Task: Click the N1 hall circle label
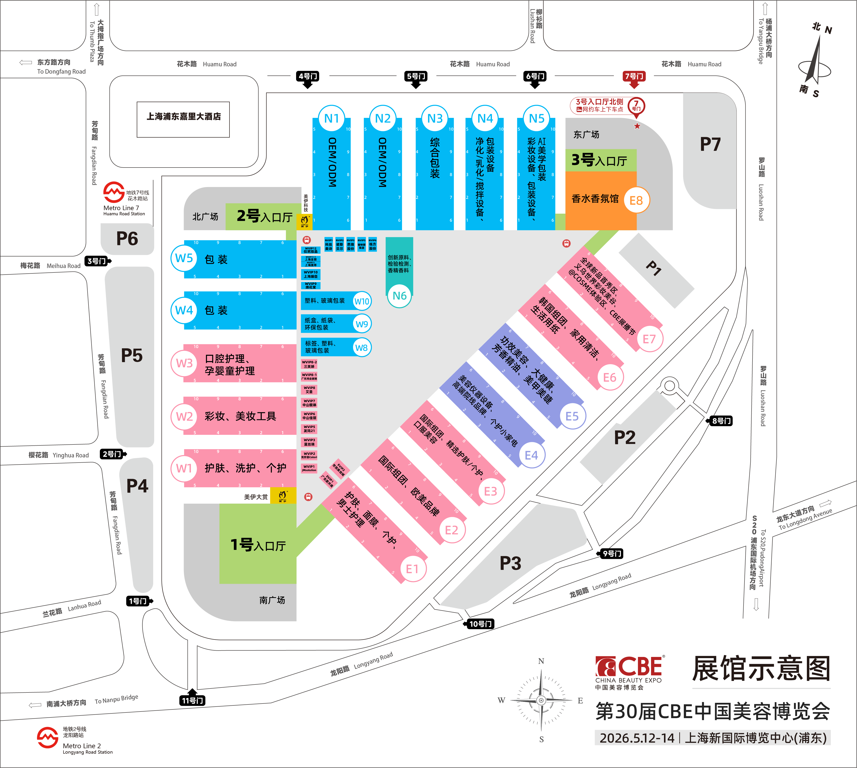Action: coord(331,119)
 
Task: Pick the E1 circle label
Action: coord(412,569)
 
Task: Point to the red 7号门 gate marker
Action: coord(634,77)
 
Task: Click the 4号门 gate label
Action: coord(308,76)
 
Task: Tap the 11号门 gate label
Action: coord(193,700)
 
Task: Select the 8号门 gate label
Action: coord(721,421)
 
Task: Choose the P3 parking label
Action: coord(510,563)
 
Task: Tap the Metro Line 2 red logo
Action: coord(47,737)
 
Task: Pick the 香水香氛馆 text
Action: coord(595,199)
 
